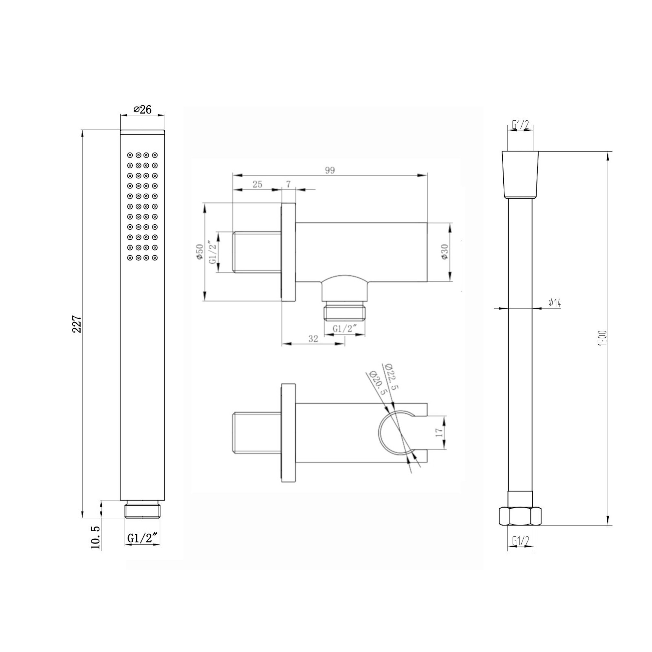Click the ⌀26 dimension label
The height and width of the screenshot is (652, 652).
(x=142, y=109)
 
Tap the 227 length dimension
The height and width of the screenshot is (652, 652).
(x=77, y=324)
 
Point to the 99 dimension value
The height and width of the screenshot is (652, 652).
(x=330, y=170)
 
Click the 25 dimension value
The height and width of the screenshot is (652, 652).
(x=257, y=184)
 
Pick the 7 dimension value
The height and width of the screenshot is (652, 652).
(x=288, y=184)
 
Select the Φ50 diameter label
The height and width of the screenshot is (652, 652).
(x=200, y=251)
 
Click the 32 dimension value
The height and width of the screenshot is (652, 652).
(x=313, y=338)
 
